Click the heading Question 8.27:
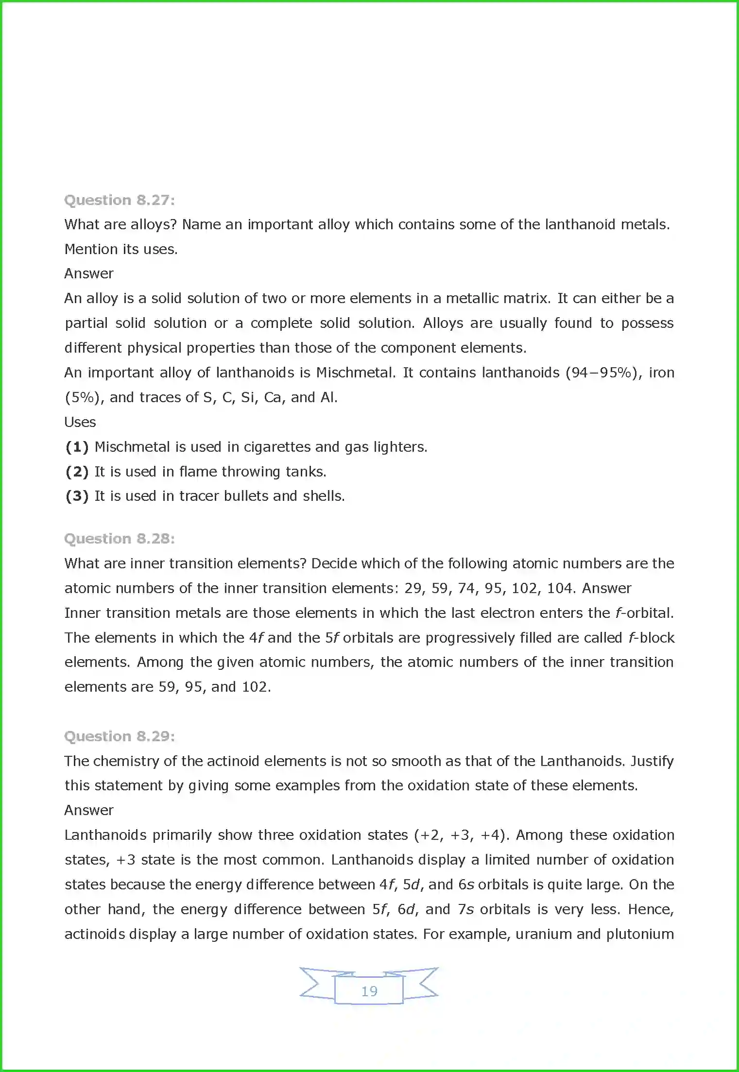(x=120, y=200)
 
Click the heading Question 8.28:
(x=120, y=539)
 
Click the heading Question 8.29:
(x=120, y=736)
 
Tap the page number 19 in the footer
(x=369, y=991)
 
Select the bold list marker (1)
(x=77, y=447)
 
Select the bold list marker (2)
(x=77, y=472)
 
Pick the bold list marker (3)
(x=77, y=496)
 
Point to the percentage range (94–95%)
(x=601, y=373)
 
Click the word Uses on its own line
(x=80, y=422)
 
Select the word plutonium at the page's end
(x=640, y=934)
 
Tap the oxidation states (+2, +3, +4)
(x=462, y=835)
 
